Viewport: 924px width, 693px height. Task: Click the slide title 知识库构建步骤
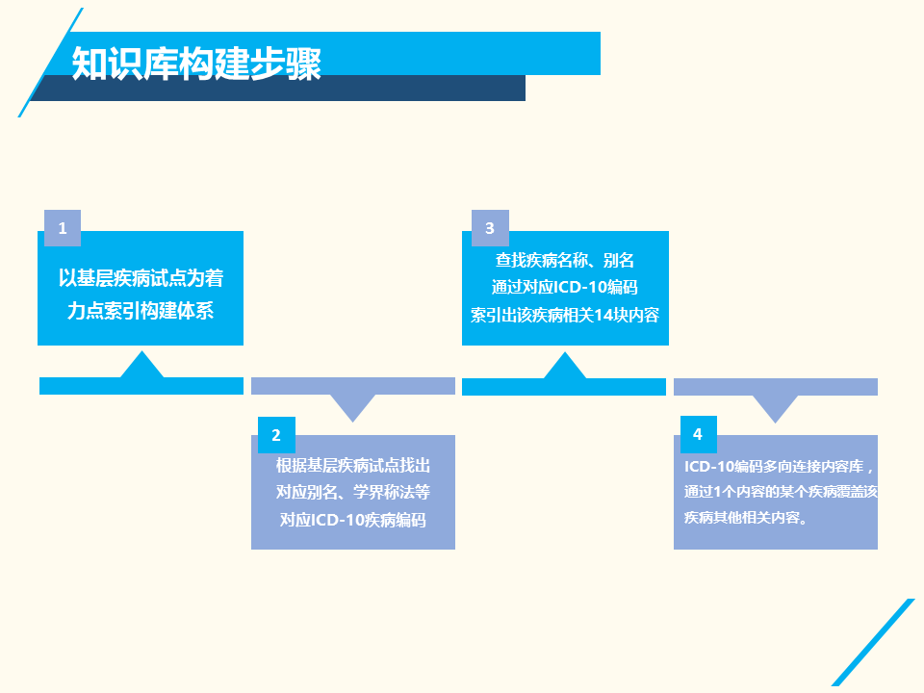[x=196, y=63]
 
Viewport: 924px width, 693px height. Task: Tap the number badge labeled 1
[x=63, y=228]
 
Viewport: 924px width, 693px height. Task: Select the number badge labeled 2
[x=276, y=435]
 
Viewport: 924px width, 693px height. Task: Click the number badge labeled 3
[x=490, y=228]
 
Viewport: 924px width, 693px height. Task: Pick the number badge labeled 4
[x=698, y=434]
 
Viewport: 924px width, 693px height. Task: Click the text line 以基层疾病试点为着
[x=141, y=279]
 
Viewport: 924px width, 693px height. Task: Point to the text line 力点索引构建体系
[x=141, y=310]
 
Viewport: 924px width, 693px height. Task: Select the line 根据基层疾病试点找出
[x=352, y=466]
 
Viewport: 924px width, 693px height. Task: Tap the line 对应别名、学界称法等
[x=352, y=493]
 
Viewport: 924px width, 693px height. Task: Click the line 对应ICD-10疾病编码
[x=352, y=520]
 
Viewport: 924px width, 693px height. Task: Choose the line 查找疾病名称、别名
[x=565, y=260]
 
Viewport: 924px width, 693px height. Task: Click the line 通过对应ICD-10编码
[x=565, y=287]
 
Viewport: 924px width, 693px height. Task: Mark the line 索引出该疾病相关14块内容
[x=565, y=314]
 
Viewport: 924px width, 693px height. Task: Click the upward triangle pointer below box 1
[x=141, y=366]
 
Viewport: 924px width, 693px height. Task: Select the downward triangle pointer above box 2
[x=352, y=407]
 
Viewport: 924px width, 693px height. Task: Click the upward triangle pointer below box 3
[x=565, y=367]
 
